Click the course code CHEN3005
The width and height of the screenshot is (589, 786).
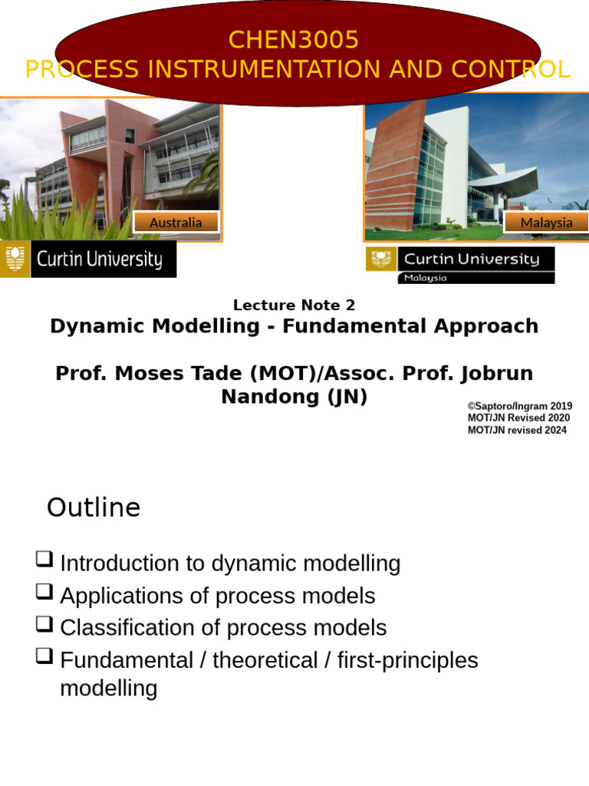(x=294, y=39)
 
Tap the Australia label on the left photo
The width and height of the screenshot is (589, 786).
(x=176, y=223)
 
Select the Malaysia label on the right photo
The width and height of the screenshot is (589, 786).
(x=546, y=223)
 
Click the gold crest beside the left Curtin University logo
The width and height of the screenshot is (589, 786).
(x=15, y=259)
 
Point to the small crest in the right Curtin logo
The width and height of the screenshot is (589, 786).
(x=380, y=259)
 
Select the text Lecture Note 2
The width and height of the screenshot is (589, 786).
(x=294, y=305)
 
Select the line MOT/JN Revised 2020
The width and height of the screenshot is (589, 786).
(x=518, y=418)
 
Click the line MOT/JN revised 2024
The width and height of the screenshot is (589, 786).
(x=517, y=431)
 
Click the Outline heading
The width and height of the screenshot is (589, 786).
(x=94, y=508)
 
